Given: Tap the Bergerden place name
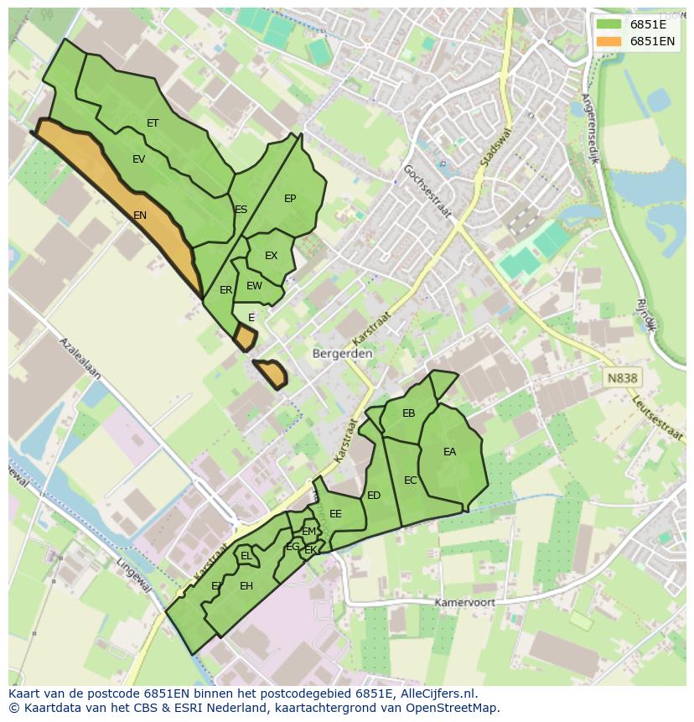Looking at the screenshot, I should pos(342,354).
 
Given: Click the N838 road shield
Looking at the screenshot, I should pos(622,378).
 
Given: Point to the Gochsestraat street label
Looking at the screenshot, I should pos(427,191).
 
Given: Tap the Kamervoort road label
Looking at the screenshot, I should pos(464,603).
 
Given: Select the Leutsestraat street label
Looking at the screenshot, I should pos(658,417).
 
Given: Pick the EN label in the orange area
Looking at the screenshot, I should pos(140,216).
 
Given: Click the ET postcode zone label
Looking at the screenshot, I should pos(153,123).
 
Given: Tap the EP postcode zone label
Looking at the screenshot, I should pos(290,199).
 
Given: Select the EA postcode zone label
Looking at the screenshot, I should pos(450,452).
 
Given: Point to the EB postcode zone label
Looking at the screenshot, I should pos(409,413).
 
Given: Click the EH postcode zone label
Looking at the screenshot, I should pos(246,586).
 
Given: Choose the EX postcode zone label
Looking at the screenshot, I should pos(271,256).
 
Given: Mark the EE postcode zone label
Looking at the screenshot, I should pos(335,514).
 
